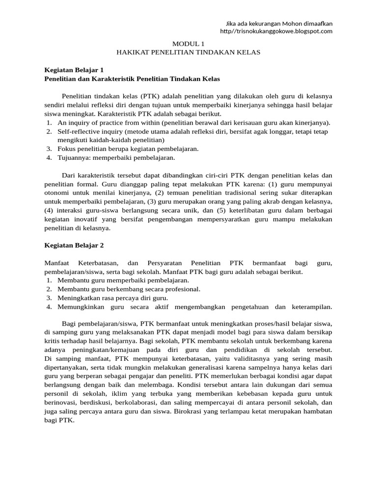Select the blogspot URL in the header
click(x=276, y=31)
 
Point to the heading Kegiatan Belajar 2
click(x=74, y=245)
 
